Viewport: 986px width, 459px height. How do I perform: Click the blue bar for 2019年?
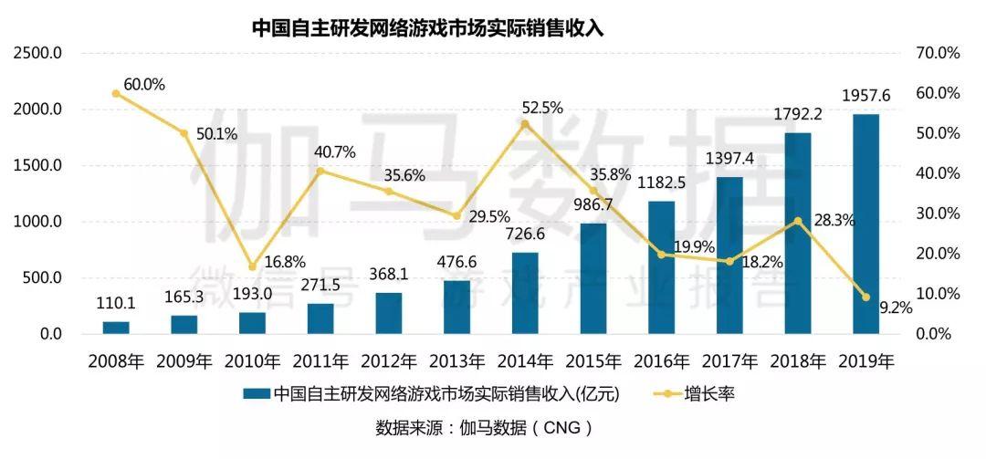[865, 224]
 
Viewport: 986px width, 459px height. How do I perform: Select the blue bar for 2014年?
[525, 293]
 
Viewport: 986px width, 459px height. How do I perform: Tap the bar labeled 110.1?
[116, 328]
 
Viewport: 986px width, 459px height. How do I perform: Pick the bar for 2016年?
[661, 267]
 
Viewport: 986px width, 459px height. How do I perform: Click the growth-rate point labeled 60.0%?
[116, 94]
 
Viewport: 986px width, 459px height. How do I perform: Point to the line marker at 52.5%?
[525, 124]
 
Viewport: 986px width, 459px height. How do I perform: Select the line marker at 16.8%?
[252, 266]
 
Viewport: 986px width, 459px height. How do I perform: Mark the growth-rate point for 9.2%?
[865, 297]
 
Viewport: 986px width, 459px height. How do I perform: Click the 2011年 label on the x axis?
[320, 360]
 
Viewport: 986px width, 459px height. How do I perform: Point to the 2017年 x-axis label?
[729, 360]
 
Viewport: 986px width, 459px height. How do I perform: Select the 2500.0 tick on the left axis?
[37, 54]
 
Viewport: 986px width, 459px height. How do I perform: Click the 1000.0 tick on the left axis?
[37, 222]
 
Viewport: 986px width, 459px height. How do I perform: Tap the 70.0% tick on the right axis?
[937, 54]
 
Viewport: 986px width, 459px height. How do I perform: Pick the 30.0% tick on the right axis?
[937, 214]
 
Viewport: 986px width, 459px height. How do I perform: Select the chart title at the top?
[428, 27]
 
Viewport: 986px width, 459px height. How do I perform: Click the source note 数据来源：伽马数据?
[484, 427]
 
